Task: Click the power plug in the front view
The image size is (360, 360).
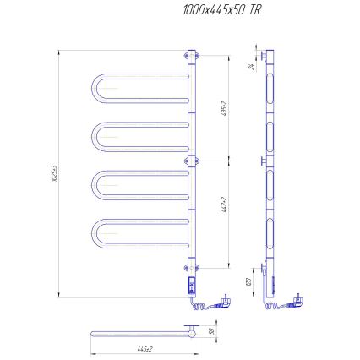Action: click(226, 297)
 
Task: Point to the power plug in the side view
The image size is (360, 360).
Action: click(300, 297)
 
